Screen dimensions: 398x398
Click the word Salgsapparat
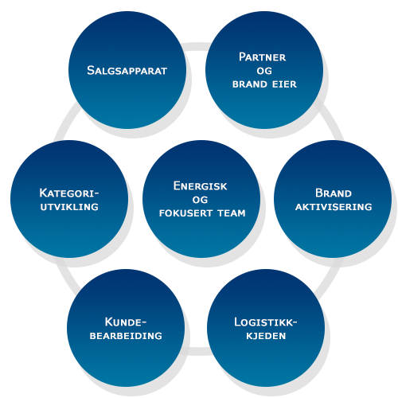pyautogui.click(x=127, y=71)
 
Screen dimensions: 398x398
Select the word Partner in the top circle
pyautogui.click(x=263, y=57)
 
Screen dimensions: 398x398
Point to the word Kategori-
pyautogui.click(x=69, y=193)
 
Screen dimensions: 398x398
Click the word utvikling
pyautogui.click(x=69, y=207)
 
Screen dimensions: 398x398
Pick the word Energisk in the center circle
pyautogui.click(x=201, y=186)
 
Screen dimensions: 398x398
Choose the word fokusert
pyautogui.click(x=186, y=213)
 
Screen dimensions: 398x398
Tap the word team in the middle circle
pyautogui.click(x=232, y=213)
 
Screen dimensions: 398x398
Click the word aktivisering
pyautogui.click(x=334, y=207)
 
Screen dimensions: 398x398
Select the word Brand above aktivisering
pyautogui.click(x=334, y=193)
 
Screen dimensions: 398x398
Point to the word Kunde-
pyautogui.click(x=126, y=322)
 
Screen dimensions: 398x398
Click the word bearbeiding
pyautogui.click(x=126, y=336)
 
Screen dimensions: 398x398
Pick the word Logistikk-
pyautogui.click(x=266, y=322)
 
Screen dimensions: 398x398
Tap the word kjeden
pyautogui.click(x=266, y=336)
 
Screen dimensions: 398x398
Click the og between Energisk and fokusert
pyautogui.click(x=200, y=200)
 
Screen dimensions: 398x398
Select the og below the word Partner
pyautogui.click(x=264, y=71)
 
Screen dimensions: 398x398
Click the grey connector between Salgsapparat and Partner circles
pyautogui.click(x=196, y=46)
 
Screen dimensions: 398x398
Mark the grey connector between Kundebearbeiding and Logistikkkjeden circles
pyautogui.click(x=197, y=351)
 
